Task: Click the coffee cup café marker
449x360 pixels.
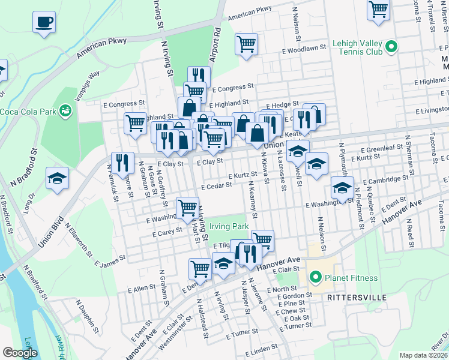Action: (44, 23)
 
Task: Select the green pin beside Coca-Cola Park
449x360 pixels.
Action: (65, 109)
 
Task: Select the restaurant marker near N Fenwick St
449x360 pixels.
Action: (122, 163)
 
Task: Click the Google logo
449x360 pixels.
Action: (19, 352)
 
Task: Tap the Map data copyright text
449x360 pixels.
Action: (423, 355)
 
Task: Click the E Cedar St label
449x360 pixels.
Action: (216, 187)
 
